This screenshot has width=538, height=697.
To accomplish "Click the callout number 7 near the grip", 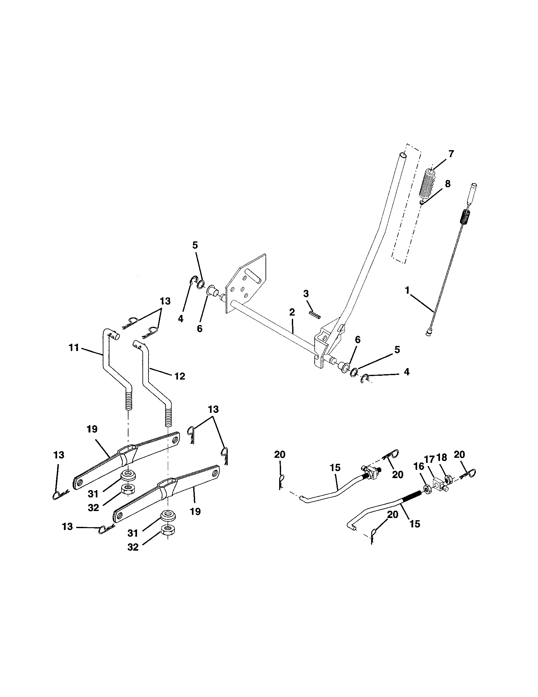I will click(x=451, y=154).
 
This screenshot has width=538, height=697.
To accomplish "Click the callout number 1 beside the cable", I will click(x=407, y=291).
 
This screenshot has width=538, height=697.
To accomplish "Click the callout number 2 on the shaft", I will click(x=292, y=312).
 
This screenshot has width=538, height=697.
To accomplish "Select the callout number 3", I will click(x=306, y=294).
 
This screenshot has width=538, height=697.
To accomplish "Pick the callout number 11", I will click(x=74, y=348).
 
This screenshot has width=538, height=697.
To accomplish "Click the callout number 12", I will click(x=180, y=376).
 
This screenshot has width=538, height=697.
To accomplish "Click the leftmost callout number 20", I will click(x=279, y=455).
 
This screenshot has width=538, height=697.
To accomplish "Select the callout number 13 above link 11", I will click(x=165, y=301).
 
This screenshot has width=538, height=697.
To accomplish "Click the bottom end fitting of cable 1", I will click(x=429, y=333).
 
